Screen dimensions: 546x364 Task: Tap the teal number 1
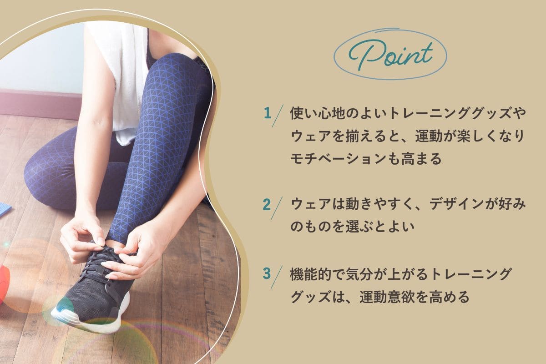pos(268,113)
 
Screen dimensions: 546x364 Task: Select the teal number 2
pos(267,205)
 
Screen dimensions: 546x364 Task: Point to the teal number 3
pos(267,273)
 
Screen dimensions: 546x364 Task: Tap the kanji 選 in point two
pos(352,227)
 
